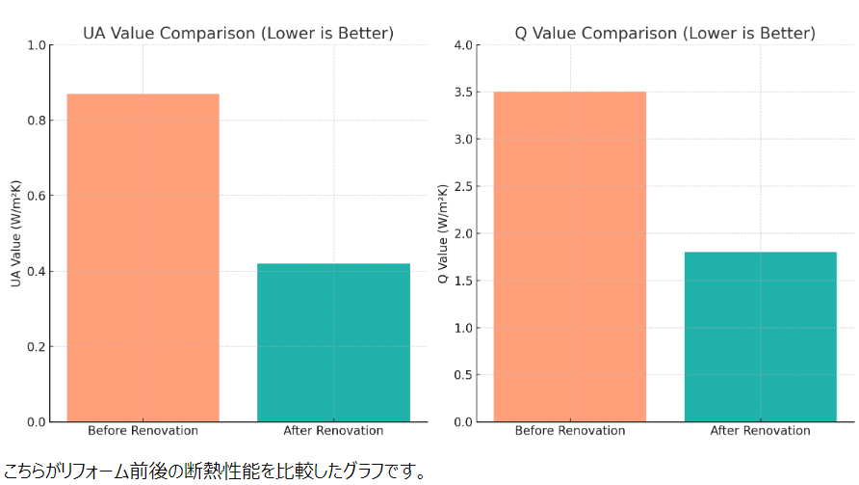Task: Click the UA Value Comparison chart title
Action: pos(238,33)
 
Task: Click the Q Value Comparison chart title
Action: pos(665,33)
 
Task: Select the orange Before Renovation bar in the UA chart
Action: pos(143,257)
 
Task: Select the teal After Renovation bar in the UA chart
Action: pos(333,342)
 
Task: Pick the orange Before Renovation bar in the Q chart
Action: pos(570,256)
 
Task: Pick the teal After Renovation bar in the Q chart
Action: pos(761,337)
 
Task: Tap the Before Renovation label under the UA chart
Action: pos(143,431)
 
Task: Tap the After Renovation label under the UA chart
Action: pos(333,431)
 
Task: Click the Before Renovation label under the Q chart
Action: pos(570,431)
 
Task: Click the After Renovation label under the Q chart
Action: pos(761,431)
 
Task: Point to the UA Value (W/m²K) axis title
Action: pos(15,233)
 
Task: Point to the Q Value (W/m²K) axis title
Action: pos(443,233)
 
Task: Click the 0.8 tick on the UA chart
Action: pos(36,121)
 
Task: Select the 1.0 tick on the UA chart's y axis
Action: pos(36,45)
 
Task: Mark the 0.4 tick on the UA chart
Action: pos(36,271)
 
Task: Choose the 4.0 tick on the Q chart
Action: pos(463,45)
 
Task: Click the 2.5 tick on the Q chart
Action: pos(463,186)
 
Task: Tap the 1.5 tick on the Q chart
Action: pos(463,281)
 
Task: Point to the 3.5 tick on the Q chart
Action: pos(463,93)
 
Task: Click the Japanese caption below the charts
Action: pos(214,472)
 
